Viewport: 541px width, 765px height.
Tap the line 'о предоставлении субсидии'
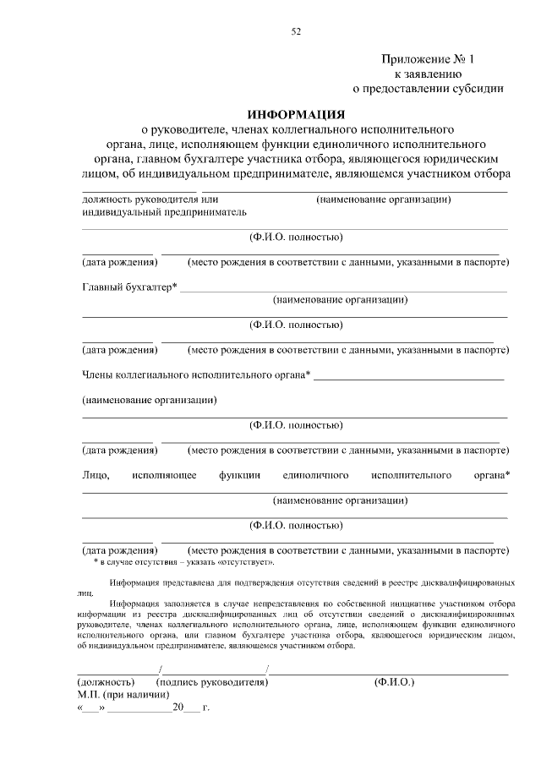pyautogui.click(x=428, y=87)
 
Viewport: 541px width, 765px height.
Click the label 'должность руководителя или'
pyautogui.click(x=145, y=199)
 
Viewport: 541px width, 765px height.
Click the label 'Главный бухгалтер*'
pyautogui.click(x=129, y=287)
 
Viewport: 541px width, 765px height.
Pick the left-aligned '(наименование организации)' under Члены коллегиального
pyautogui.click(x=150, y=400)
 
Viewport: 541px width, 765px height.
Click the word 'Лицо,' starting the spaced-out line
pyautogui.click(x=96, y=475)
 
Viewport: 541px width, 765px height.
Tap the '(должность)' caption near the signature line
pyautogui.click(x=106, y=681)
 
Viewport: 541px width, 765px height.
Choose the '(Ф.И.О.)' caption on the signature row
pyautogui.click(x=394, y=681)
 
